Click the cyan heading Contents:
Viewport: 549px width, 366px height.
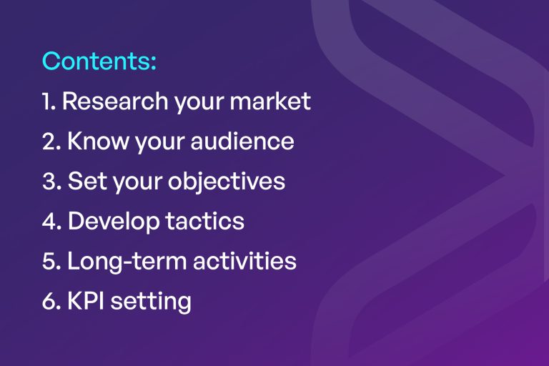click(99, 61)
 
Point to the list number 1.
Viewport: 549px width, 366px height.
click(47, 102)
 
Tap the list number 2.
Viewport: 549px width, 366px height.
click(49, 142)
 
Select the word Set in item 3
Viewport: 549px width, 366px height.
click(84, 182)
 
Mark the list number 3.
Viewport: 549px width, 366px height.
click(49, 182)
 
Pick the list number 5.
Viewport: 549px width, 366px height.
click(49, 262)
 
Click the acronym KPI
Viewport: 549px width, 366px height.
click(85, 302)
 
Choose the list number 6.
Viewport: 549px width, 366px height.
click(49, 302)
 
